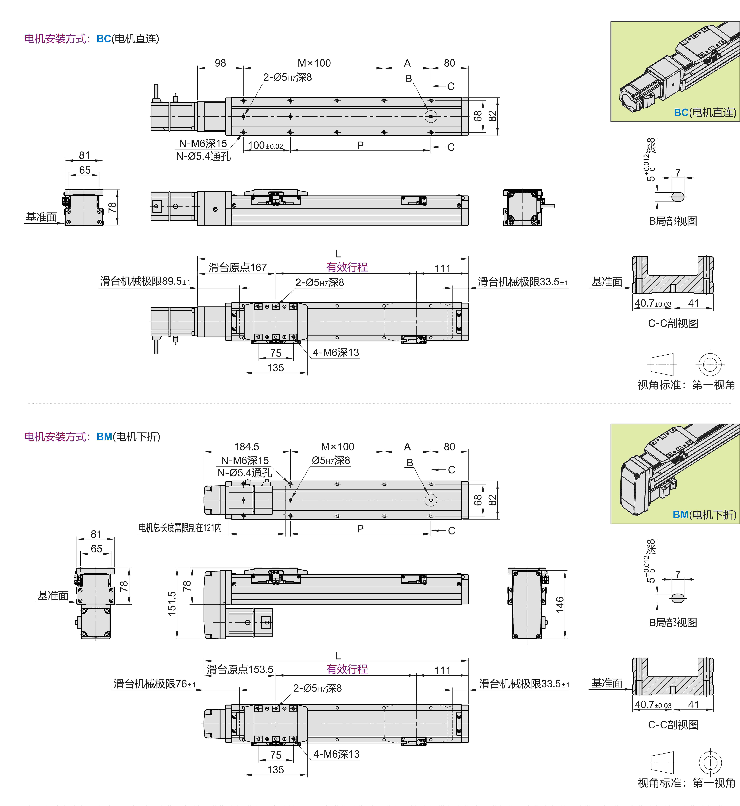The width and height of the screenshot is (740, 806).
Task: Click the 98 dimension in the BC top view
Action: [220, 63]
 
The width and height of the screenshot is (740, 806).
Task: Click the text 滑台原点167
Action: [237, 267]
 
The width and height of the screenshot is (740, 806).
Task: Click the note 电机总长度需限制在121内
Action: [180, 528]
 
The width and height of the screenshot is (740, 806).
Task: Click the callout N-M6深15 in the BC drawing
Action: [203, 143]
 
